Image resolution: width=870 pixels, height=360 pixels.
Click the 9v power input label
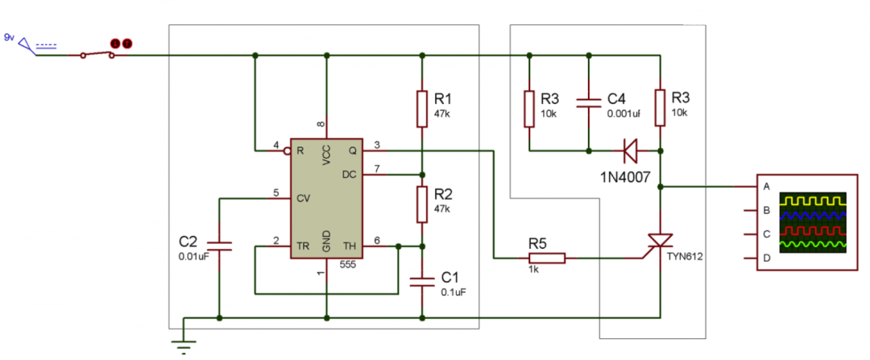tap(9, 37)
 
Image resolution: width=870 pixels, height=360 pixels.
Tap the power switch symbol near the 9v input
tap(97, 54)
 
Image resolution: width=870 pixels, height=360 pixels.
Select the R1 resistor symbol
tap(422, 109)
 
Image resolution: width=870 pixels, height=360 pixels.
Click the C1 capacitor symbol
tap(422, 281)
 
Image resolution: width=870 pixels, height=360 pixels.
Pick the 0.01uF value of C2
tap(193, 257)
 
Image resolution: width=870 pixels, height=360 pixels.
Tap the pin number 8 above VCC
tap(321, 124)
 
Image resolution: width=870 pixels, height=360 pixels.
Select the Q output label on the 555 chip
tap(351, 151)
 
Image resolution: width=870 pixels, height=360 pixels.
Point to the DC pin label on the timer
tap(349, 174)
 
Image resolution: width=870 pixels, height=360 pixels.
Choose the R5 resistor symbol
tap(547, 259)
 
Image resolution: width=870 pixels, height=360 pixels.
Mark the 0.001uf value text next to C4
tap(625, 114)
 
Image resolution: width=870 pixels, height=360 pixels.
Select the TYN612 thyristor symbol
tap(661, 242)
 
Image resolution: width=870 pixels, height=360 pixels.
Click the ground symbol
tap(184, 346)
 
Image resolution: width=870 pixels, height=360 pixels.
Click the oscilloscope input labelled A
tap(766, 186)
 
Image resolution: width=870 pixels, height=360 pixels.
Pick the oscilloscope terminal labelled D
tap(766, 259)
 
